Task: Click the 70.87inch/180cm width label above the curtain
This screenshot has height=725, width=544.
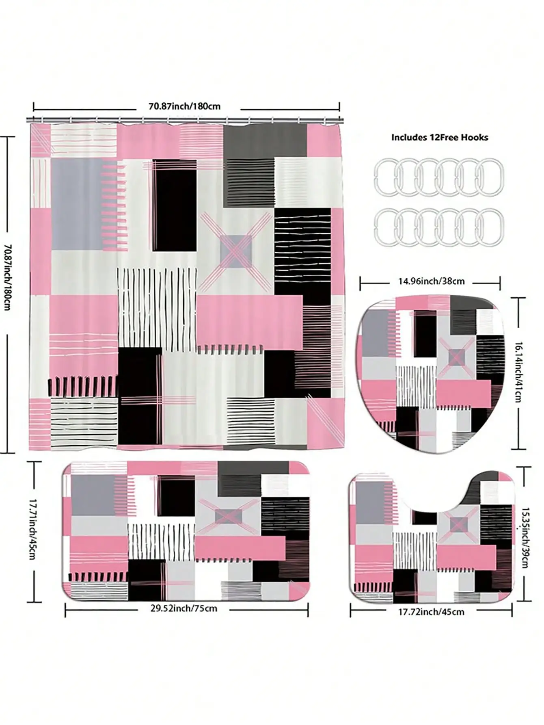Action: tap(185, 106)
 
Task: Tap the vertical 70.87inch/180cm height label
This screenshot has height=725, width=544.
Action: tap(7, 277)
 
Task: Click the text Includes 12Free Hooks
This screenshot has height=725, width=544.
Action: tap(440, 137)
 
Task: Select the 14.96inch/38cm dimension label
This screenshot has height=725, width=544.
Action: tap(431, 281)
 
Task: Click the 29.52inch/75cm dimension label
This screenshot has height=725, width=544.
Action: tap(183, 608)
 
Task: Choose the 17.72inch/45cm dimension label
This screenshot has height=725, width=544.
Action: tap(431, 612)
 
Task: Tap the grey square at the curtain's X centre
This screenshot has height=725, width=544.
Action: tap(236, 251)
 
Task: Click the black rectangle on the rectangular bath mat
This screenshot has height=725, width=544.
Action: tap(176, 495)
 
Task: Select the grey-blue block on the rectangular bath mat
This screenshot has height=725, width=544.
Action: tap(93, 495)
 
